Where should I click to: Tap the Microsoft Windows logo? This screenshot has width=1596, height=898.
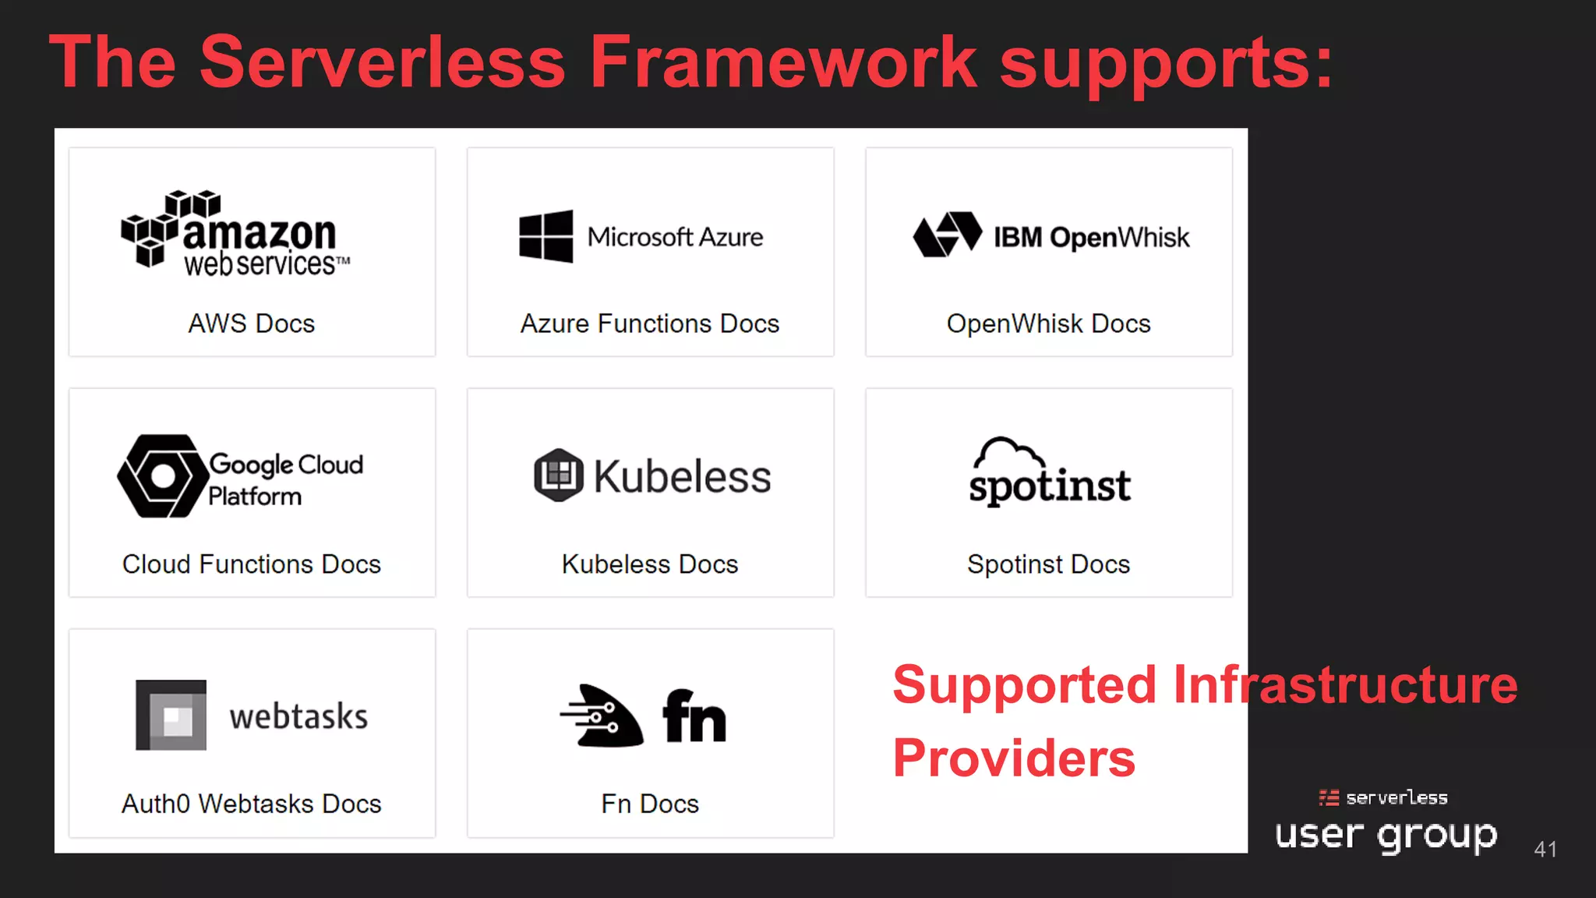546,236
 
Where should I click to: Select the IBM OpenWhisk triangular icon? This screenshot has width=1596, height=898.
947,234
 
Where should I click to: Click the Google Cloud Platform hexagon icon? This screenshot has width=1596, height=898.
163,476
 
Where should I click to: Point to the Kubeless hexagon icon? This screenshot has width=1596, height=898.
558,476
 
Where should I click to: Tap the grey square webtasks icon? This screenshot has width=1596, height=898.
171,715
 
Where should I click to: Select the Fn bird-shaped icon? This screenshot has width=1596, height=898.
602,716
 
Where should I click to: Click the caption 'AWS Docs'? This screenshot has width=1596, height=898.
252,323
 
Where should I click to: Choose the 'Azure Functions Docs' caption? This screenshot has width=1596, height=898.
650,323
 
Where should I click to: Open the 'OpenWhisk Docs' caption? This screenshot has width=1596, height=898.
1048,323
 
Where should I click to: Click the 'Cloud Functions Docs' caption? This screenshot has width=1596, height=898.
252,564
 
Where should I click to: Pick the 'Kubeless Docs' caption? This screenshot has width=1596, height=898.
650,564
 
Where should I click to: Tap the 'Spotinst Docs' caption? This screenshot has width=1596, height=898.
1048,564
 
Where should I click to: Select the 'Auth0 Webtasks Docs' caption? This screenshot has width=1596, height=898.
252,804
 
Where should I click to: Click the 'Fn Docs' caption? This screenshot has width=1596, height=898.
650,804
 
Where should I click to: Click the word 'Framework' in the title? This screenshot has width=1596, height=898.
782,62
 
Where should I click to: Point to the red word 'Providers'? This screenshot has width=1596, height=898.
1014,758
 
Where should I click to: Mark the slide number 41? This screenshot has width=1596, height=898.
1545,849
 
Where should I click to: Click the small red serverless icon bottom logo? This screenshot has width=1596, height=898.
1329,797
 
